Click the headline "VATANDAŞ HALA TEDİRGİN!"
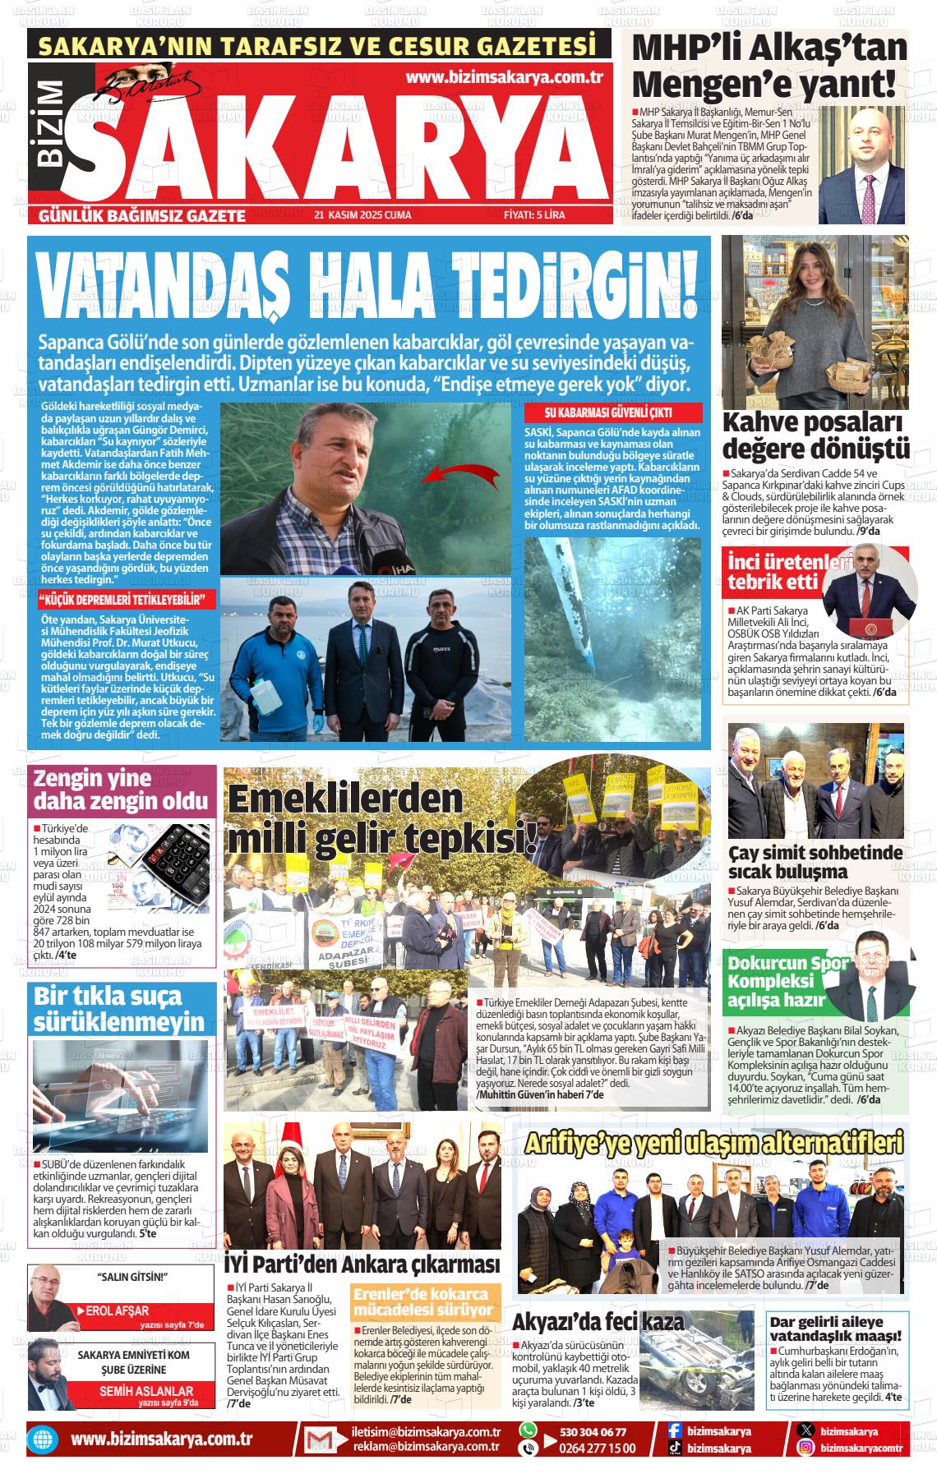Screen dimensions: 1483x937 tap(370, 284)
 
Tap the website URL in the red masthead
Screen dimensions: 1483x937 tap(505, 77)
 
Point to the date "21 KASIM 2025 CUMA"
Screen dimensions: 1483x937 tap(362, 216)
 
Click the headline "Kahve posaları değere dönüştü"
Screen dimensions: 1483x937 tap(815, 436)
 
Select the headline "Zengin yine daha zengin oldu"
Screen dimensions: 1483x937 tap(121, 790)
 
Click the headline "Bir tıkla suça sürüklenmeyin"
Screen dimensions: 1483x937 tap(119, 1010)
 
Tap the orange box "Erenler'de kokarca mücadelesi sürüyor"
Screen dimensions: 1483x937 tap(423, 1302)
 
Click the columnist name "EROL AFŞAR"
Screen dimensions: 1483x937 tap(118, 1310)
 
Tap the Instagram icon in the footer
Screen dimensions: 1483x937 tap(806, 1448)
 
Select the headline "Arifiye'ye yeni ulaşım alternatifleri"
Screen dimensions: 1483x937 tap(713, 1142)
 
